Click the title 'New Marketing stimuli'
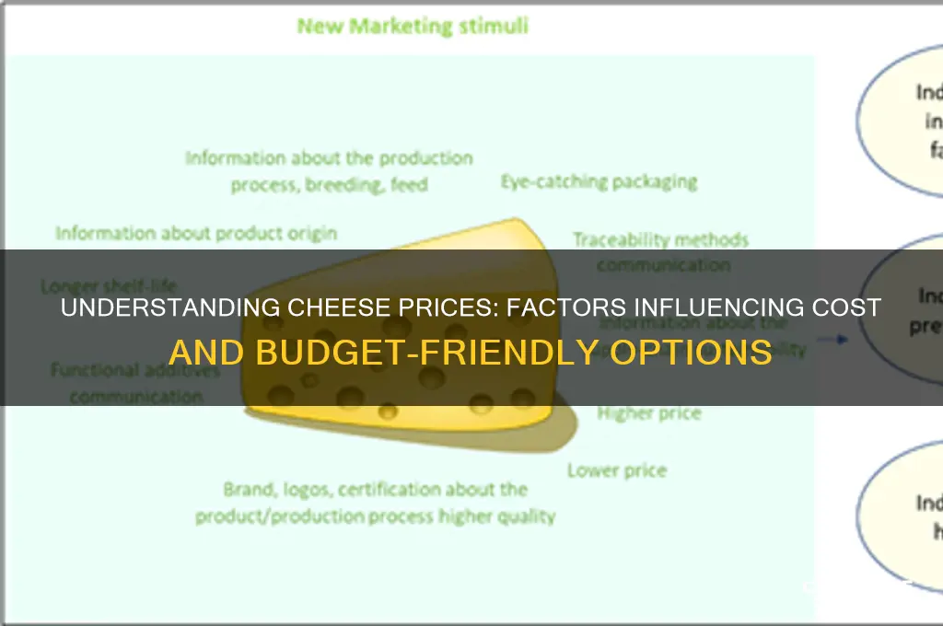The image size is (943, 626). [x=412, y=26]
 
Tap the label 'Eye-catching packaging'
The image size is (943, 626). [x=599, y=181]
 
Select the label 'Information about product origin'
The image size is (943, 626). [x=195, y=233]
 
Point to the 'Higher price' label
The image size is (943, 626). [x=648, y=413]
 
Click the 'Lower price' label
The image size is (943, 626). [x=616, y=470]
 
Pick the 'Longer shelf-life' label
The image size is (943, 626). [x=109, y=285]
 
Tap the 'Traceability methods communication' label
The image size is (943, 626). [x=660, y=252]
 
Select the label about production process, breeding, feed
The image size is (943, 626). [x=329, y=171]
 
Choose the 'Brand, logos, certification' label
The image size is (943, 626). [x=375, y=503]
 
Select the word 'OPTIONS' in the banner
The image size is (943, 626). [x=709, y=352]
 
